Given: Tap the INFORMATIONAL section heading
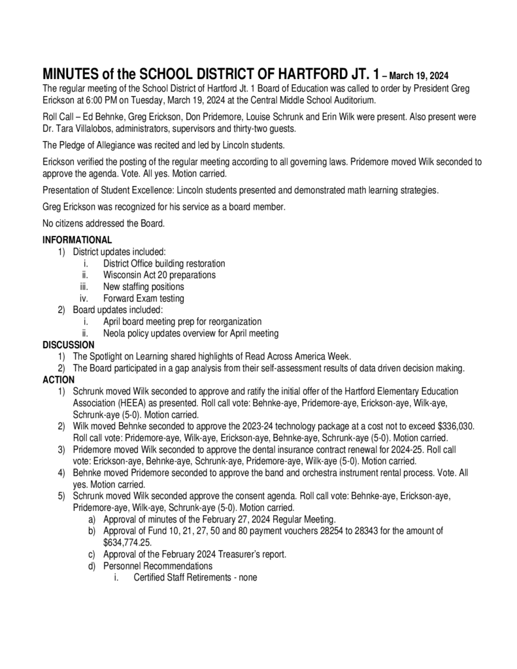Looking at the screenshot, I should [x=77, y=240].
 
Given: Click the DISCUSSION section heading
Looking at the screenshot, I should [x=68, y=344].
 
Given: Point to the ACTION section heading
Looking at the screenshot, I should [x=58, y=380].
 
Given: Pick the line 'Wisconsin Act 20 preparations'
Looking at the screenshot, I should [x=159, y=275].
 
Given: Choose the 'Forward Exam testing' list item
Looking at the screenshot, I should [x=144, y=299].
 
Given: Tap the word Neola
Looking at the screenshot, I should [x=116, y=333].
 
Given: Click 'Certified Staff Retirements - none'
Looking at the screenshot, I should [x=195, y=578].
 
